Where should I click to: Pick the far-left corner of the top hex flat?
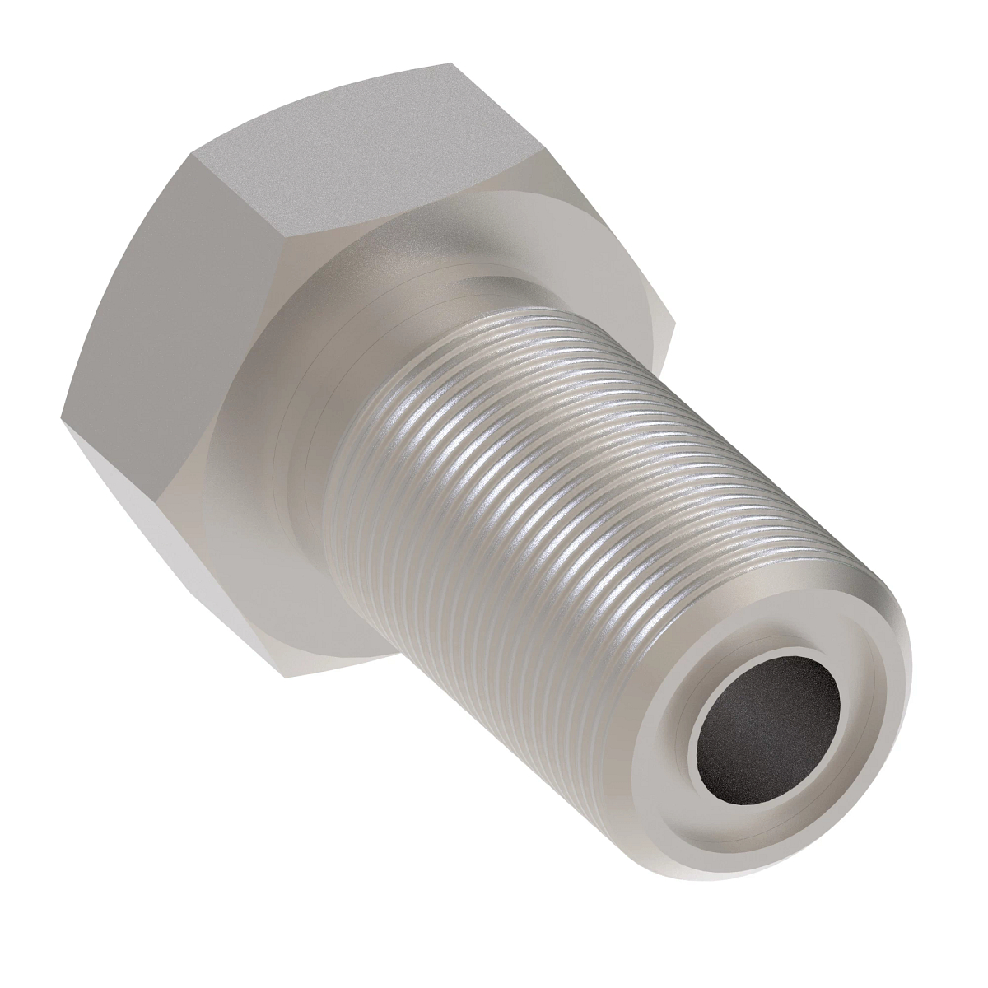click(x=191, y=153)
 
